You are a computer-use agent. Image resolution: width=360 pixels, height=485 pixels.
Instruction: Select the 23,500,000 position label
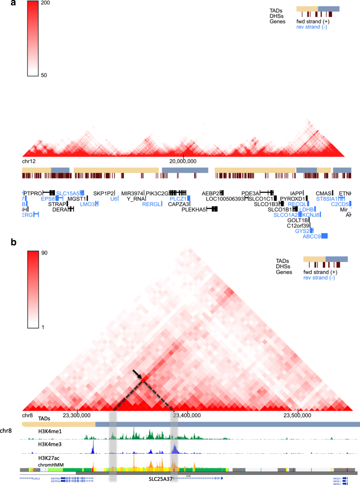[x=298, y=415]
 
